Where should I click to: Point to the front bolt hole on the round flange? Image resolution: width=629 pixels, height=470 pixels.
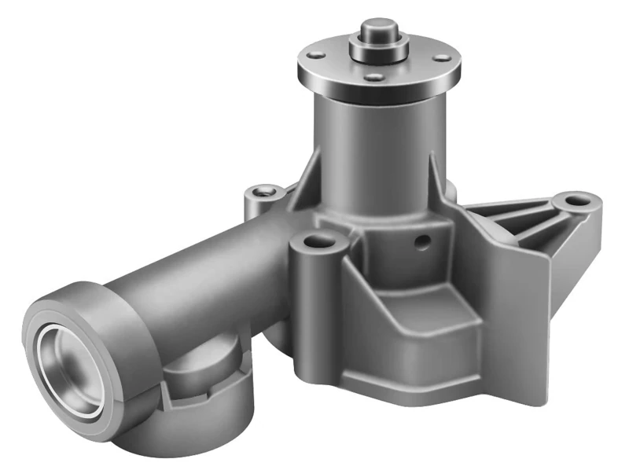click(x=376, y=77)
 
